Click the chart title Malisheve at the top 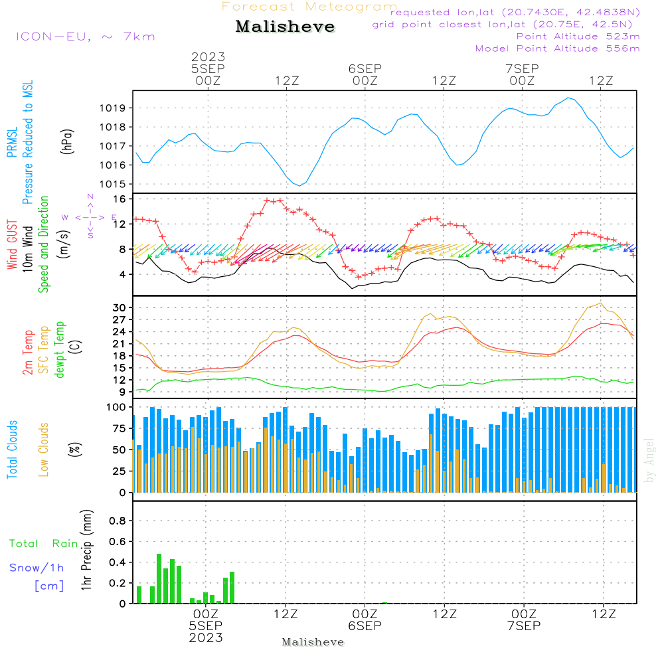[286, 27]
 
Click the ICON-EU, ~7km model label [85, 37]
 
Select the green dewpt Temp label [60, 350]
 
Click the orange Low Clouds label [44, 450]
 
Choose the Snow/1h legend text [37, 568]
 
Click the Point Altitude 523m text [578, 37]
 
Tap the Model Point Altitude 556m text [558, 48]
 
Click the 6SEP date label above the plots [365, 68]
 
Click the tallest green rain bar [159, 578]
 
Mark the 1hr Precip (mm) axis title [86, 550]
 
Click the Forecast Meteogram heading [309, 7]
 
